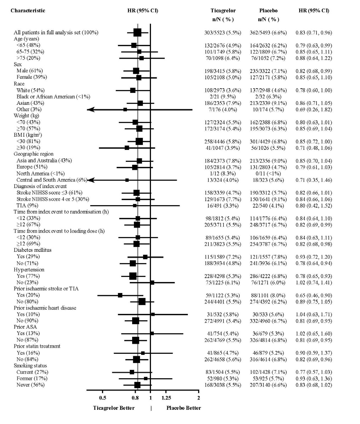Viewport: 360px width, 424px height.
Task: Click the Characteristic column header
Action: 28,11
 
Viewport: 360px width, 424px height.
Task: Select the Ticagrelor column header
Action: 223,11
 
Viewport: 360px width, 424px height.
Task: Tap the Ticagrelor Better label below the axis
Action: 114,408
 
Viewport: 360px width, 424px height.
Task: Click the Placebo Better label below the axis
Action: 184,408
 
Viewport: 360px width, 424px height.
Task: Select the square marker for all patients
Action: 137,33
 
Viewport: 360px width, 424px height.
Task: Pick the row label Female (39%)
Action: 32,77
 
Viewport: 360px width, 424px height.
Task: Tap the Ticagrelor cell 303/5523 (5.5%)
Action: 223,33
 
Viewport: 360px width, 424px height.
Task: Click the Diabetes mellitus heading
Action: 33,250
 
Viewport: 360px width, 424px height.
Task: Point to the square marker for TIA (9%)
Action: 135,205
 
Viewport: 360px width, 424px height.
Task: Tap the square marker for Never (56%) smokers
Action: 137,385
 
